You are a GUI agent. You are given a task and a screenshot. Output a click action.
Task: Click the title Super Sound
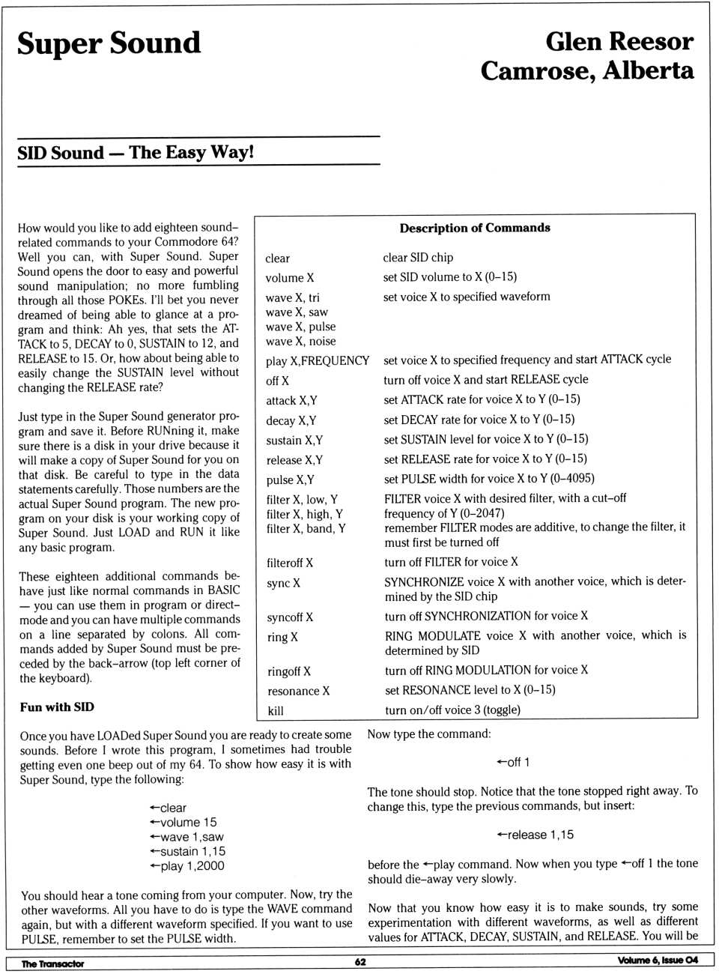(x=109, y=43)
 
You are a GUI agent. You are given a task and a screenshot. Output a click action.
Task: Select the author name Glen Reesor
(x=619, y=41)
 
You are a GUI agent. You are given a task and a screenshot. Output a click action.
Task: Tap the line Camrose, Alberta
(x=587, y=71)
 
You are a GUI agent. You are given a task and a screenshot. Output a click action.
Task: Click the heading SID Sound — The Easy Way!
(x=136, y=153)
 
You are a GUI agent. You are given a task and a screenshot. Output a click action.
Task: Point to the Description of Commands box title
(x=475, y=228)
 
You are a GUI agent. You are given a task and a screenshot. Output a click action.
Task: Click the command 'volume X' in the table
(x=290, y=278)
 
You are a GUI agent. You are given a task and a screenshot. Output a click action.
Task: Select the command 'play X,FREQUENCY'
(x=318, y=361)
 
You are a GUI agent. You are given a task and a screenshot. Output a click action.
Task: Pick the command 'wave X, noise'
(x=300, y=341)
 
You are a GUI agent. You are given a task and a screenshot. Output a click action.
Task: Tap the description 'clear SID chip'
(x=418, y=258)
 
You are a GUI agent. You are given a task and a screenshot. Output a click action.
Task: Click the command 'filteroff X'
(x=290, y=563)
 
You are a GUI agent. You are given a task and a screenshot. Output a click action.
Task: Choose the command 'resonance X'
(x=298, y=691)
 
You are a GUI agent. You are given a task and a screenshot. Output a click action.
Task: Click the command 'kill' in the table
(x=276, y=711)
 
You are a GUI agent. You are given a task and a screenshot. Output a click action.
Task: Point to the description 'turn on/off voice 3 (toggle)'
(x=452, y=710)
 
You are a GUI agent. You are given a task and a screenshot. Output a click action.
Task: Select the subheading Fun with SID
(x=57, y=707)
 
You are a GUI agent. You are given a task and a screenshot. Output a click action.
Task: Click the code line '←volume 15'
(x=183, y=823)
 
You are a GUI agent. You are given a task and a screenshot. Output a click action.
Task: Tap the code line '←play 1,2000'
(x=186, y=866)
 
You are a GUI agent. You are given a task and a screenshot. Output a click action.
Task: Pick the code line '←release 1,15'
(x=535, y=835)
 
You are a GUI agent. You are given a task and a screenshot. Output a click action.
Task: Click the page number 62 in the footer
(x=360, y=962)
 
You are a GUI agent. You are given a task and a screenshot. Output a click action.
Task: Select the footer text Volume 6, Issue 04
(x=658, y=961)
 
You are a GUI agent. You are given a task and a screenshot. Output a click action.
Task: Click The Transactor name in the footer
(x=52, y=964)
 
